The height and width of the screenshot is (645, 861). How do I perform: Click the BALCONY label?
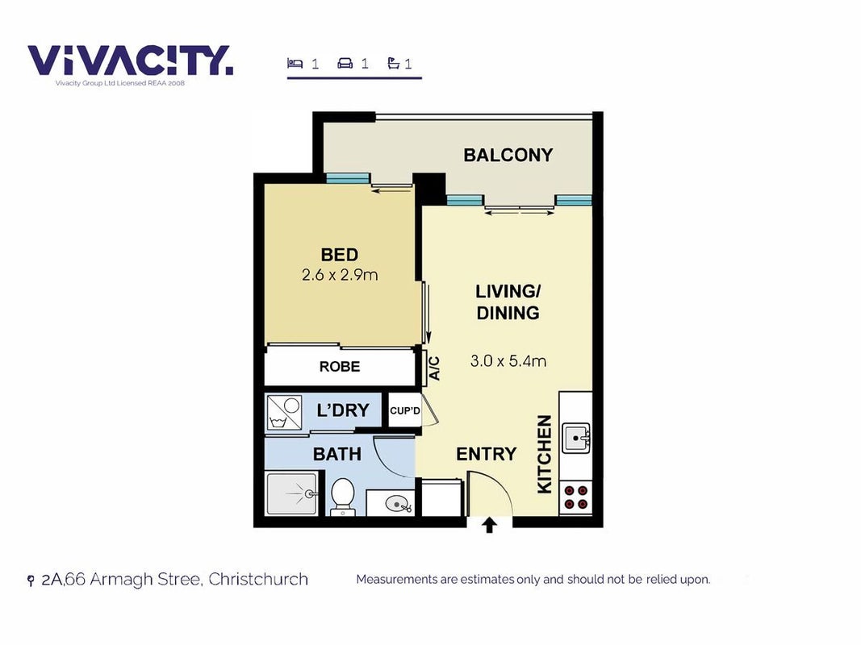(508, 156)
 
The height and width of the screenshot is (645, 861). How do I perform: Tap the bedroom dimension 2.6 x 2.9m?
(340, 275)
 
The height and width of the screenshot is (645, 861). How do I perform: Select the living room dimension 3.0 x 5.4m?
(508, 361)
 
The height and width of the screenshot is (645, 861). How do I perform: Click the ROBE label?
(340, 366)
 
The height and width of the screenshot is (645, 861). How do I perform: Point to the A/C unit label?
(434, 368)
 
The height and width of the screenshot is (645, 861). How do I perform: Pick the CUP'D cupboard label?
(405, 410)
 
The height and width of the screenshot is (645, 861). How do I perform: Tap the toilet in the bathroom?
(343, 497)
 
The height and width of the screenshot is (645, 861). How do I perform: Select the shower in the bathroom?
(291, 493)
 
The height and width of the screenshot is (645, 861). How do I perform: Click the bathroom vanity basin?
(398, 503)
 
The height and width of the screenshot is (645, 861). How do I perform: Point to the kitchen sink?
(576, 438)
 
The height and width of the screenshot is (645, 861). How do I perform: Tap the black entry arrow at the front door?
(489, 525)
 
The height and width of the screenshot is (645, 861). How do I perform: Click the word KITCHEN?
(544, 454)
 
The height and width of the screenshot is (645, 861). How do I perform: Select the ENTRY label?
(487, 454)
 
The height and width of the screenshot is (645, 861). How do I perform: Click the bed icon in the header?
(295, 63)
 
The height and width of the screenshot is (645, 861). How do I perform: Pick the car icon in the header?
(345, 63)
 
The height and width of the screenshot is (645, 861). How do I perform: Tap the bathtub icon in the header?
(393, 63)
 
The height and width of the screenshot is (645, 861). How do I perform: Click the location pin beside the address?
(31, 580)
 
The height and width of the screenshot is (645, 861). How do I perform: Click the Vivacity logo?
(131, 60)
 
